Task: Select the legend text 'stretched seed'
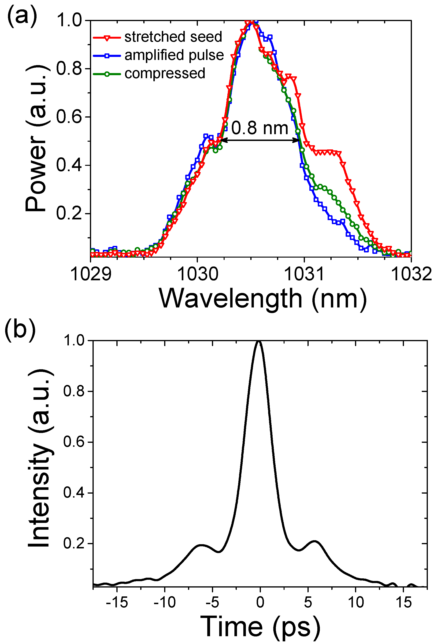(173, 37)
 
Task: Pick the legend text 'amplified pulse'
(174, 55)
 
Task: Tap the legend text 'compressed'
(165, 74)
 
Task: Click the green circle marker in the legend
(107, 74)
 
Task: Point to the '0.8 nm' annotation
(259, 128)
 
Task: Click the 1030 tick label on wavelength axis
(197, 274)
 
